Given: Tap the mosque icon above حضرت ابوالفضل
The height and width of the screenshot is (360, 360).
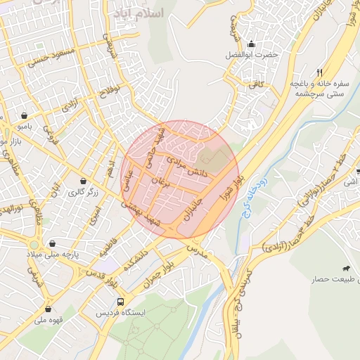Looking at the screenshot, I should tap(252, 44).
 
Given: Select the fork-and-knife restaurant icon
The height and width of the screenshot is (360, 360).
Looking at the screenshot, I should tap(319, 72).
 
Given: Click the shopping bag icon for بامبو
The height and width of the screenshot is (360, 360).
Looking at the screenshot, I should tap(25, 116).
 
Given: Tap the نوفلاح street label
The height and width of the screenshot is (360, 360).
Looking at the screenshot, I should tap(111, 91).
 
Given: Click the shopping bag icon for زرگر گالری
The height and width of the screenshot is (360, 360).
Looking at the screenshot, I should tap(84, 181).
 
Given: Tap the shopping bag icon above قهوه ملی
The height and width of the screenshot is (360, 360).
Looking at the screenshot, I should tap(48, 309).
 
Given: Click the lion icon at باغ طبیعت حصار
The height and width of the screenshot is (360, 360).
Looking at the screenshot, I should tap(346, 269).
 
